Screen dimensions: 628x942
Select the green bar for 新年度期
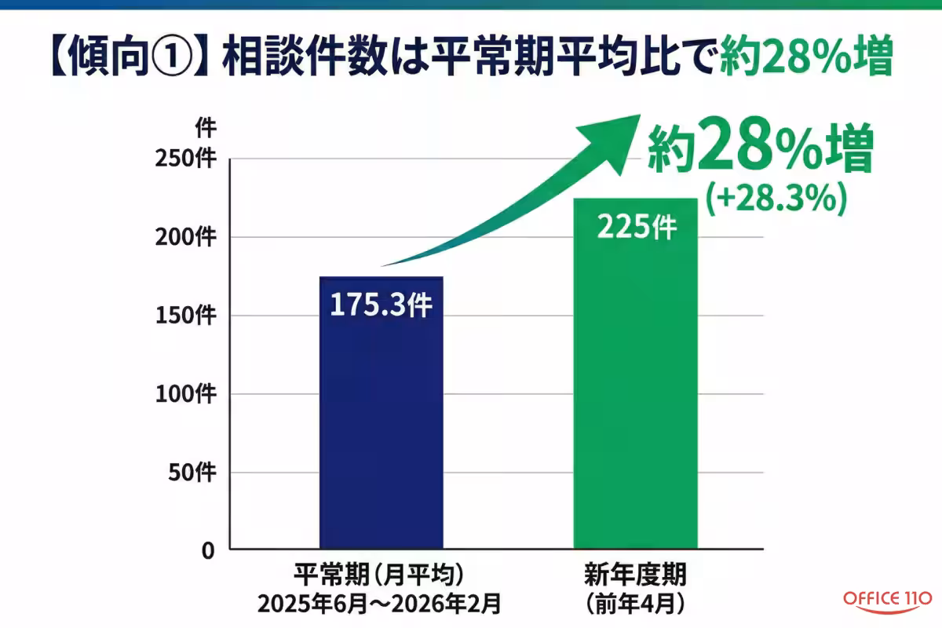coord(635,392)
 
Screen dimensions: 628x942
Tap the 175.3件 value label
coord(381,305)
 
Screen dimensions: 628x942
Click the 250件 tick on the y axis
coord(188,159)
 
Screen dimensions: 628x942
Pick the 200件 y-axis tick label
coord(188,237)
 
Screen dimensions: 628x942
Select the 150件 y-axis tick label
coord(188,316)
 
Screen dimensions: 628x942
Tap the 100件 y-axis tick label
coord(188,394)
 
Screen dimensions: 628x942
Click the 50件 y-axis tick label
coord(193,473)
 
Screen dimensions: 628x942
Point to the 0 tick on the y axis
coord(207,551)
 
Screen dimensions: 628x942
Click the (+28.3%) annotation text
coord(775,199)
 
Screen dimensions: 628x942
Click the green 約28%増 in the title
coord(806,57)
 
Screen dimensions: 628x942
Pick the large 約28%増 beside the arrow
coord(759,152)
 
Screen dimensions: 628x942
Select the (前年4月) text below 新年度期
coord(635,604)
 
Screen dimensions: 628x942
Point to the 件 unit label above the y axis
coord(205,127)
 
